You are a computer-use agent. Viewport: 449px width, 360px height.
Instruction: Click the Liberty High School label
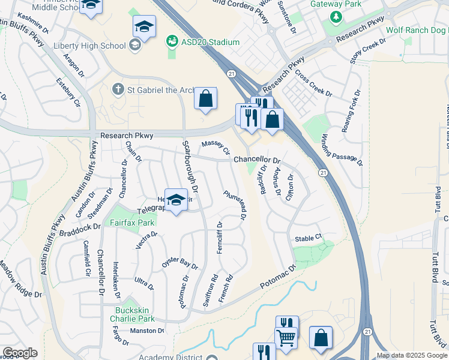[x=89, y=46]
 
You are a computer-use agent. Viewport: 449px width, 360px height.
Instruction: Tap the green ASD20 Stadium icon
[x=172, y=42]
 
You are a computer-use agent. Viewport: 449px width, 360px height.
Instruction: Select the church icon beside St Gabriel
[x=118, y=89]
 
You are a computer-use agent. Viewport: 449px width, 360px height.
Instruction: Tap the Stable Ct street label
[x=309, y=238]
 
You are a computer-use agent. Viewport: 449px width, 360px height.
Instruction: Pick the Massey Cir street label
[x=215, y=146]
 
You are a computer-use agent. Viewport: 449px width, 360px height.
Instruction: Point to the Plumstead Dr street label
[x=235, y=205]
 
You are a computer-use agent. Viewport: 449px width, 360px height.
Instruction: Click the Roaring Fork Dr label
[x=351, y=112]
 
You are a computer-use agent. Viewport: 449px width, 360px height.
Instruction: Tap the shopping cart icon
[x=286, y=337]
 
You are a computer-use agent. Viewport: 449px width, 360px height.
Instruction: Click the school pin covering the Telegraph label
[x=176, y=200]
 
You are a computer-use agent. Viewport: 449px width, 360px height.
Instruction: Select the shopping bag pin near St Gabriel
[x=205, y=99]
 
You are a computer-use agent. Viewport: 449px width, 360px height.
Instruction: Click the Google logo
[x=20, y=353]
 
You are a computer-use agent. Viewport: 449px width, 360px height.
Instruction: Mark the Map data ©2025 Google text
[x=412, y=355]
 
